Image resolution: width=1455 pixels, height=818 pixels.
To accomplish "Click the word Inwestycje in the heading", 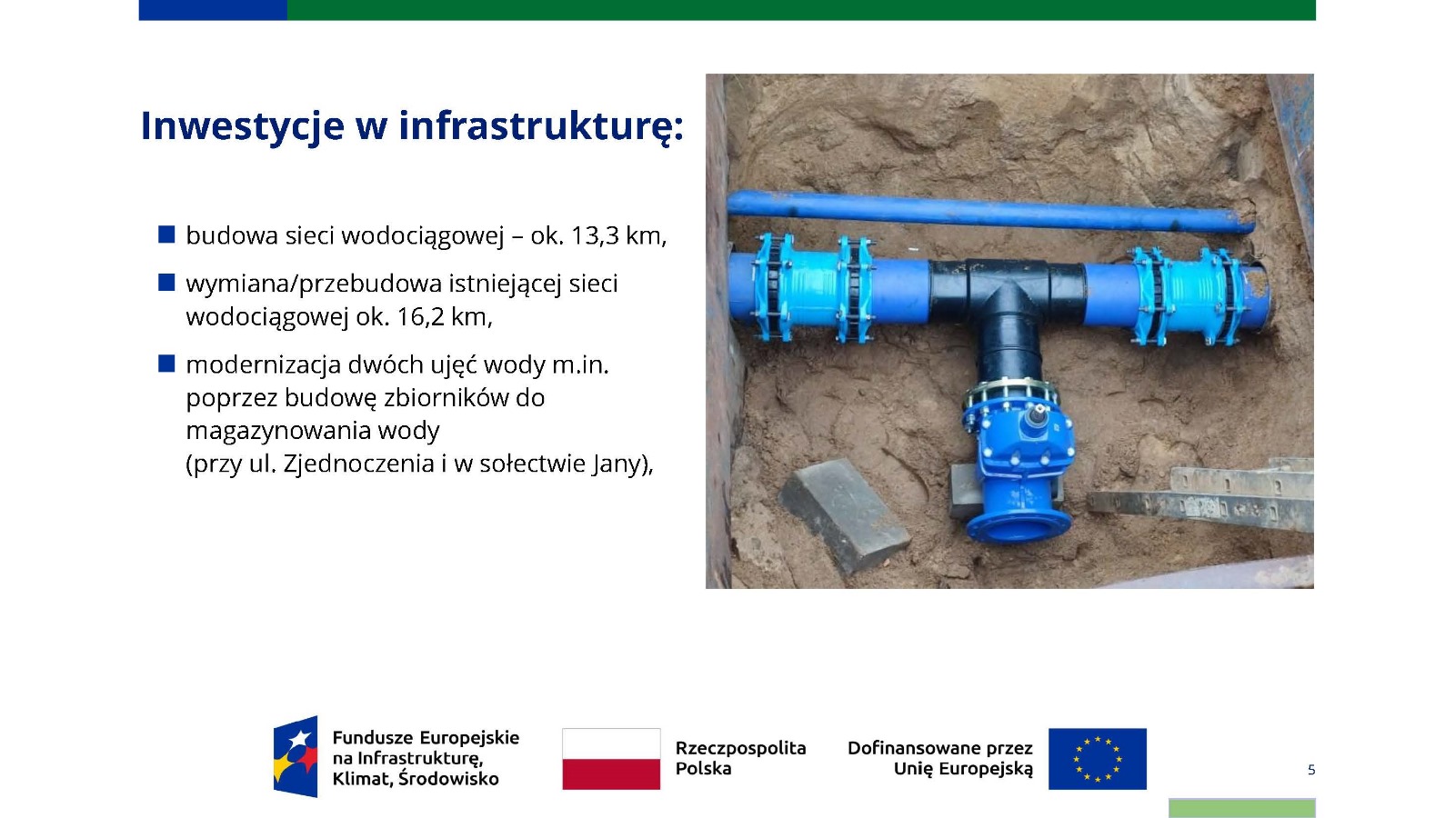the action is pyautogui.click(x=242, y=126).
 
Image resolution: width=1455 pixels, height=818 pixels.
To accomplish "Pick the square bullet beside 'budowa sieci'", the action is pyautogui.click(x=166, y=234).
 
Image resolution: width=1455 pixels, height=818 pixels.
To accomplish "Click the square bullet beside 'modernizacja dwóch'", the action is pyautogui.click(x=166, y=363).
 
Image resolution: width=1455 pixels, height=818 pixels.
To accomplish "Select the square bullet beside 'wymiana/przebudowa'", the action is pyautogui.click(x=166, y=283).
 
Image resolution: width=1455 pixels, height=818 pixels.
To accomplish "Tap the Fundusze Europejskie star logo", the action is pyautogui.click(x=296, y=757).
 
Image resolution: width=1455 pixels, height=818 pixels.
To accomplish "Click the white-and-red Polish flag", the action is pyautogui.click(x=611, y=759).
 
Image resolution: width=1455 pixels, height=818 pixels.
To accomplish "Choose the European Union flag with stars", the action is pyautogui.click(x=1097, y=759).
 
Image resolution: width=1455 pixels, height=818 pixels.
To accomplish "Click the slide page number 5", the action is pyautogui.click(x=1310, y=770).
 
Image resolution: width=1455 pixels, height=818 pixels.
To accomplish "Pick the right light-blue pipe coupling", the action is pyautogui.click(x=1188, y=296).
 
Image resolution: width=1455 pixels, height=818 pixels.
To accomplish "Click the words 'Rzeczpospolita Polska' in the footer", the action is pyautogui.click(x=740, y=758).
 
